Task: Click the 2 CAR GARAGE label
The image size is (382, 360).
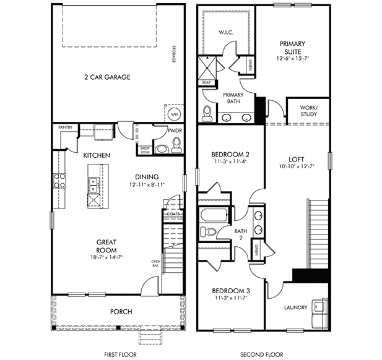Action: click(107, 77)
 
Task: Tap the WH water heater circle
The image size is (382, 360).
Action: click(175, 114)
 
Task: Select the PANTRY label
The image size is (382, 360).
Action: click(65, 127)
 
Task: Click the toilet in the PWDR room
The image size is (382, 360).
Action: click(176, 145)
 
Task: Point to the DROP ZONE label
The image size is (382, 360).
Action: click(145, 150)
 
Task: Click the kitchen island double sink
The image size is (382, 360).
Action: click(93, 185)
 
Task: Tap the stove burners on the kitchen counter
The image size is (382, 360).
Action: click(59, 181)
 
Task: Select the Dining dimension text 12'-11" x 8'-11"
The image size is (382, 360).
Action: click(147, 185)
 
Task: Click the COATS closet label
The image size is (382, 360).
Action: click(173, 214)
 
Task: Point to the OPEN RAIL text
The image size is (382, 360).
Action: click(155, 264)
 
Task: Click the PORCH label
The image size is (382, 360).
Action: click(121, 312)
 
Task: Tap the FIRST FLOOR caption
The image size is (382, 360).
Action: click(120, 354)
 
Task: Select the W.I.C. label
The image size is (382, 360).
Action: click(226, 32)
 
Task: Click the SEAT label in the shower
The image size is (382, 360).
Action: click(206, 82)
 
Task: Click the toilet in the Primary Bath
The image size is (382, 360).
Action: click(207, 113)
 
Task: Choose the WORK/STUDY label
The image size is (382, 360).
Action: click(309, 111)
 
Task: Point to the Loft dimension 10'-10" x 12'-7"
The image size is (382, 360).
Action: click(297, 166)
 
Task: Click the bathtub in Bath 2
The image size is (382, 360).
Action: click(214, 215)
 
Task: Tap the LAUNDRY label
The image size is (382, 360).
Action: click(296, 307)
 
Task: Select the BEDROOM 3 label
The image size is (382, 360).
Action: click(231, 291)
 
